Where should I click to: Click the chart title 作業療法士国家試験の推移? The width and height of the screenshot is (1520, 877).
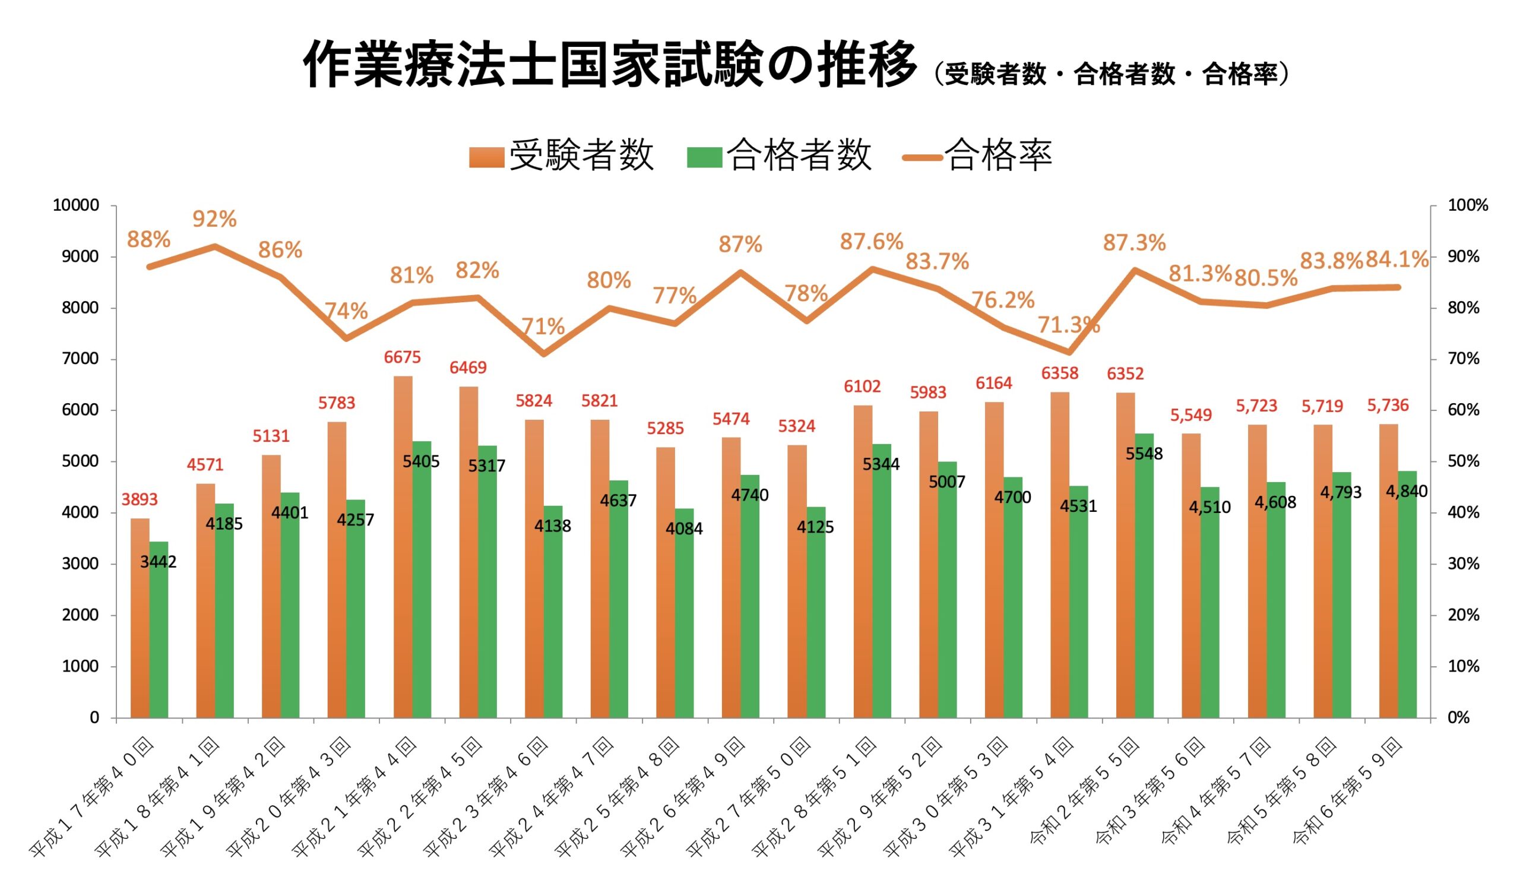tap(609, 65)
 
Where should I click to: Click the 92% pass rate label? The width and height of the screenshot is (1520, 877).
tap(214, 219)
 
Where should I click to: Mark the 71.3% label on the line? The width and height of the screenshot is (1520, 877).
tap(1068, 326)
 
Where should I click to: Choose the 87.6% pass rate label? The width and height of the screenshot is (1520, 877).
tap(872, 242)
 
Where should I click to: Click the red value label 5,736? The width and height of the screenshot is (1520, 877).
tap(1388, 406)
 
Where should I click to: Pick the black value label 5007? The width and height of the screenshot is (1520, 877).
tap(946, 482)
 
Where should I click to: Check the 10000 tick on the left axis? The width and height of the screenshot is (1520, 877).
tap(76, 205)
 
